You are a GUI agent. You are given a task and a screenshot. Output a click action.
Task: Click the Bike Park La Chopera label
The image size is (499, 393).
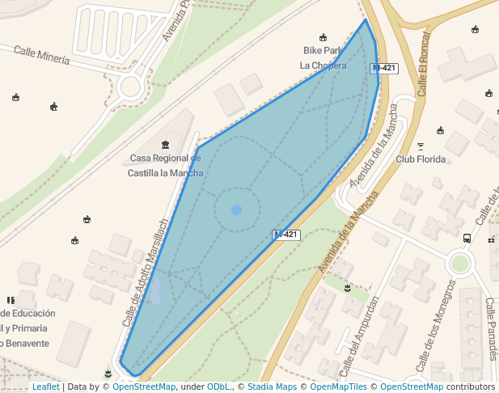tap(323, 57)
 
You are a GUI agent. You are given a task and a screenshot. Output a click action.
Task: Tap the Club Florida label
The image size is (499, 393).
tap(421, 159)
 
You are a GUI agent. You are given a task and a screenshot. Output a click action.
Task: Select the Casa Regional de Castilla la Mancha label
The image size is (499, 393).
tap(166, 166)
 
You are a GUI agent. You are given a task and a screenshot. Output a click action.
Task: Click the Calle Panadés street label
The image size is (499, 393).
tap(491, 320)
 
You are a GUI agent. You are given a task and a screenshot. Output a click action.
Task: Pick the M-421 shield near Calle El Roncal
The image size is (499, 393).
tap(383, 68)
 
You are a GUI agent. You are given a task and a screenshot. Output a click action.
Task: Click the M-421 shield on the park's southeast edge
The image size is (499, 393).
tap(286, 235)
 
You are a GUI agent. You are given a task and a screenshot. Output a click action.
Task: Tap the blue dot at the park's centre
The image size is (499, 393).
tap(236, 210)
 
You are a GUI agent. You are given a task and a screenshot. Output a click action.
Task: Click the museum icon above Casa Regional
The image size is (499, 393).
tap(166, 145)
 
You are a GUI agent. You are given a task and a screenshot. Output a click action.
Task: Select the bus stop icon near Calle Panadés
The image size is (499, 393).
tap(467, 239)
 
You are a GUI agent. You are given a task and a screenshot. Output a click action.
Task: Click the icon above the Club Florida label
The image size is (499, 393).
tap(421, 146)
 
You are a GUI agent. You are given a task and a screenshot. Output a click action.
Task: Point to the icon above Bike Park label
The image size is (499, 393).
tap(324, 37)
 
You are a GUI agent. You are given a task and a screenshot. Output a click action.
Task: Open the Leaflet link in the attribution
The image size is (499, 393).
tap(45, 387)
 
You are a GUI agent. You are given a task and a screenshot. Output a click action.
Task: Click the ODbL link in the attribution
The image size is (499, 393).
tap(218, 387)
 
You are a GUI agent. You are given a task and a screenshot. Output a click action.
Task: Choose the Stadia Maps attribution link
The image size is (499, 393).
tap(272, 387)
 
